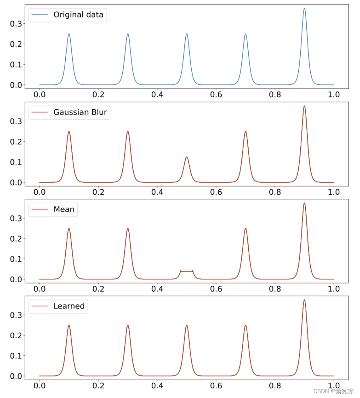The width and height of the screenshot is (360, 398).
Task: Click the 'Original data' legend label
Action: tap(78, 15)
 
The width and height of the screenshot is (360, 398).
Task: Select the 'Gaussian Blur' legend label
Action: tap(80, 112)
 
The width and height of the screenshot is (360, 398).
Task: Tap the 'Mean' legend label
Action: tap(64, 209)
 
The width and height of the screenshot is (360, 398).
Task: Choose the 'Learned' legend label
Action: tap(69, 306)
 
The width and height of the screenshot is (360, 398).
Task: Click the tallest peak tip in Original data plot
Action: tap(304, 8)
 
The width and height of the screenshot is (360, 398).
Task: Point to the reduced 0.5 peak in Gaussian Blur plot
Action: tap(186, 157)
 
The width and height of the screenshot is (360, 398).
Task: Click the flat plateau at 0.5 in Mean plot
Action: tap(186, 271)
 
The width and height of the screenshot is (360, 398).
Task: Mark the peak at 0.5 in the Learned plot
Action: tap(186, 325)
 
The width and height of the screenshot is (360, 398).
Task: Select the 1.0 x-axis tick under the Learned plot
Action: tap(334, 385)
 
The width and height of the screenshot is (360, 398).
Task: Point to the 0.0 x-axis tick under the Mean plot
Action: tap(40, 289)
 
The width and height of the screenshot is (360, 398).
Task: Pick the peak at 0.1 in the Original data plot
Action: tap(69, 34)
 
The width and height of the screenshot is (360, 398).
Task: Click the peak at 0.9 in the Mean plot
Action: tap(304, 203)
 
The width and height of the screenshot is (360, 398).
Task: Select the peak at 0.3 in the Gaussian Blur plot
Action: tap(128, 131)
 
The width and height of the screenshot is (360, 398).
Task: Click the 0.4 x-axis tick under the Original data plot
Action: tap(157, 94)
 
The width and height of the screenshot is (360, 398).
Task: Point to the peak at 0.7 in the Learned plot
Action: tap(245, 325)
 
